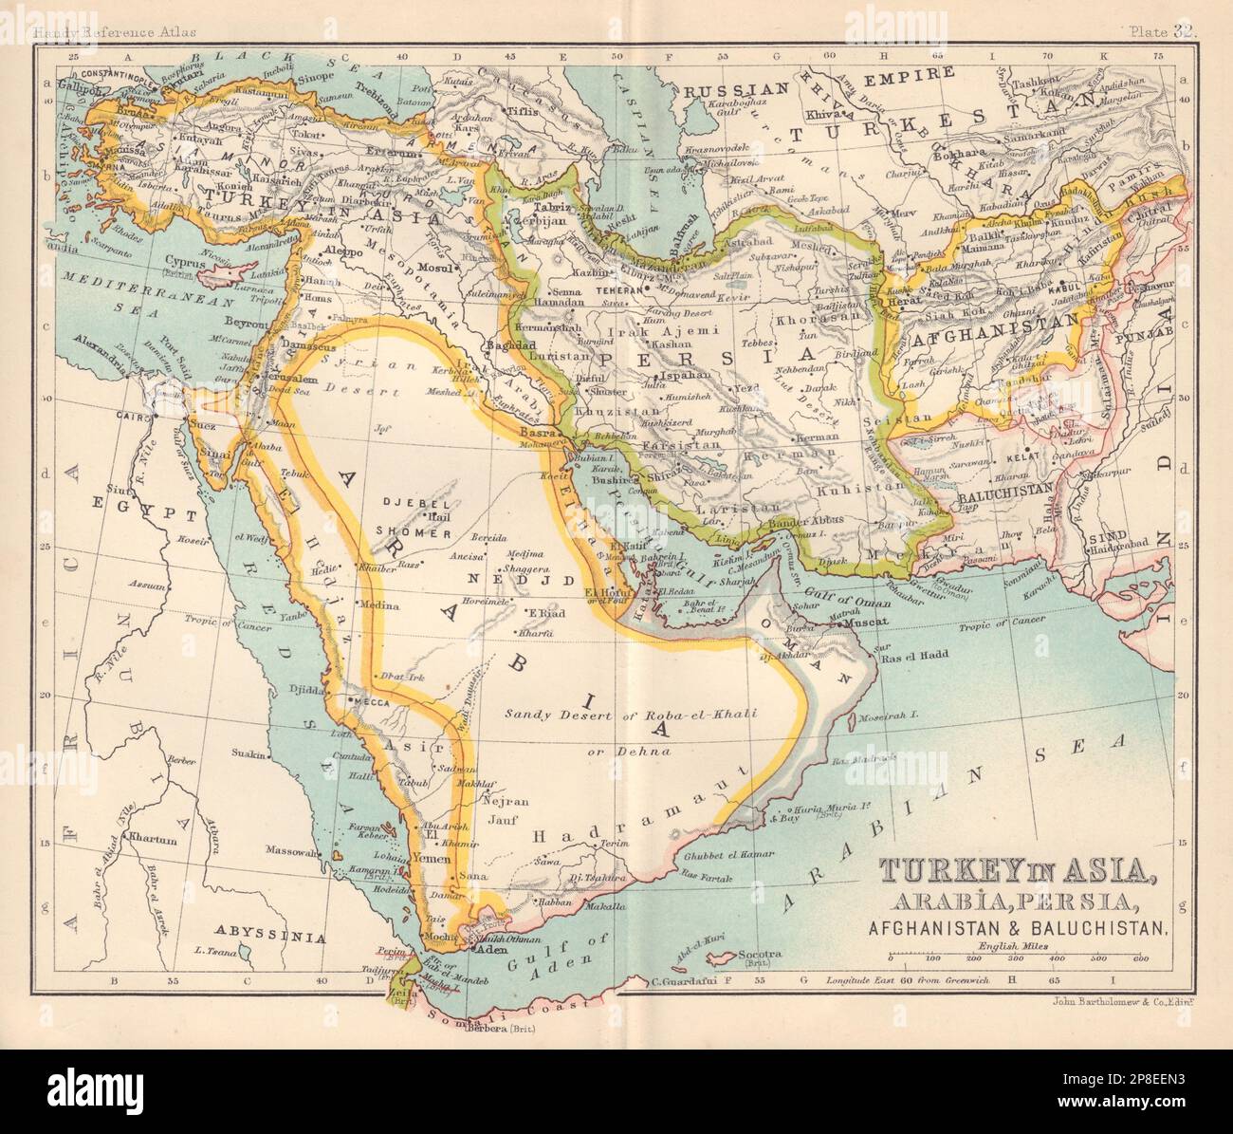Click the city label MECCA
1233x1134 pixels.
[371, 703]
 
